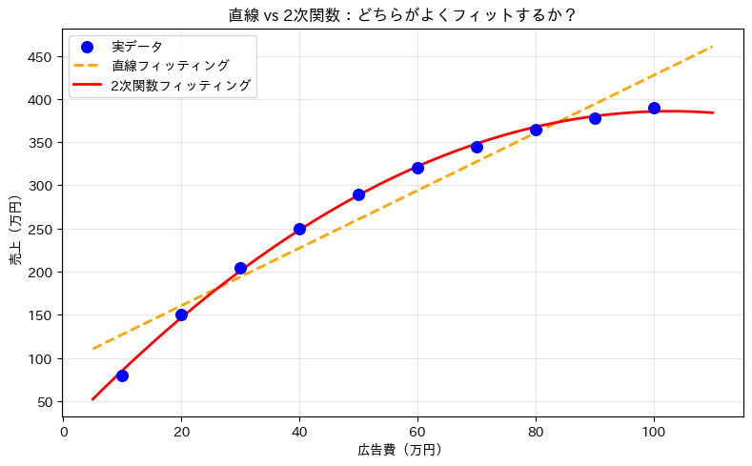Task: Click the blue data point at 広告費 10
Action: click(122, 375)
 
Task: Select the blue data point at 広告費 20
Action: click(181, 314)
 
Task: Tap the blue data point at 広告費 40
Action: click(299, 229)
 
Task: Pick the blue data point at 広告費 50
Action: click(358, 194)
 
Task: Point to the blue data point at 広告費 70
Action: click(477, 147)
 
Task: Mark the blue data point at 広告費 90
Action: click(595, 118)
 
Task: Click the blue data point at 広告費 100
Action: click(654, 108)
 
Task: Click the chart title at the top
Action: click(402, 15)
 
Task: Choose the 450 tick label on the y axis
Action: click(40, 56)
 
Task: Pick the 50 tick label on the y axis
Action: click(44, 402)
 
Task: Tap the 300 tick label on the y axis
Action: click(40, 186)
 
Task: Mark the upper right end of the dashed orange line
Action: click(713, 46)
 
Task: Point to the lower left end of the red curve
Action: click(92, 399)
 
